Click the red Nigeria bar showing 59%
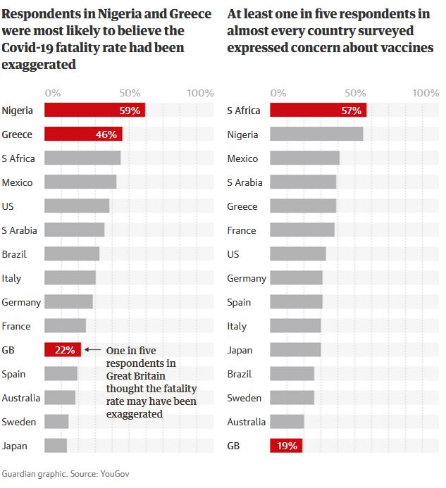[94, 110]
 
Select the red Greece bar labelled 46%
[83, 134]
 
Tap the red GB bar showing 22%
[63, 349]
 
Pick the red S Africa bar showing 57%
[318, 110]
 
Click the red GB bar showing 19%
[285, 445]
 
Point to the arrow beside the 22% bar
[92, 349]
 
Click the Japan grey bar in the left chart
[56, 445]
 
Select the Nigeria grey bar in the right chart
[316, 134]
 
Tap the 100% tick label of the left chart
[201, 93]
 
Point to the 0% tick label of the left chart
[53, 93]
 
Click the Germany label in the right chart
[247, 277]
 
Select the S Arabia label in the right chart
[244, 182]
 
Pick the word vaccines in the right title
[408, 48]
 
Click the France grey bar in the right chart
[302, 230]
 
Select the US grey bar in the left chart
[77, 206]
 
